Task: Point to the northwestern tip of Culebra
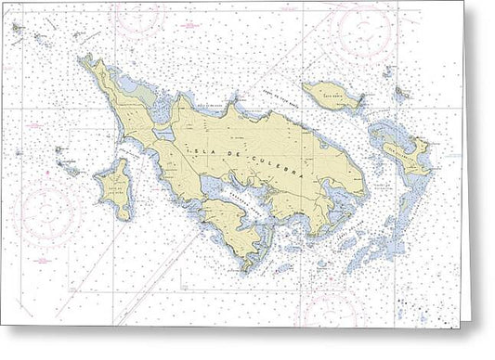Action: [x=83, y=58]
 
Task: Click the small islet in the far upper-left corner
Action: [x=18, y=29]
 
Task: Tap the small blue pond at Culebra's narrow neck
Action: [x=163, y=135]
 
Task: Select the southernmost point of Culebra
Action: [x=245, y=269]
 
